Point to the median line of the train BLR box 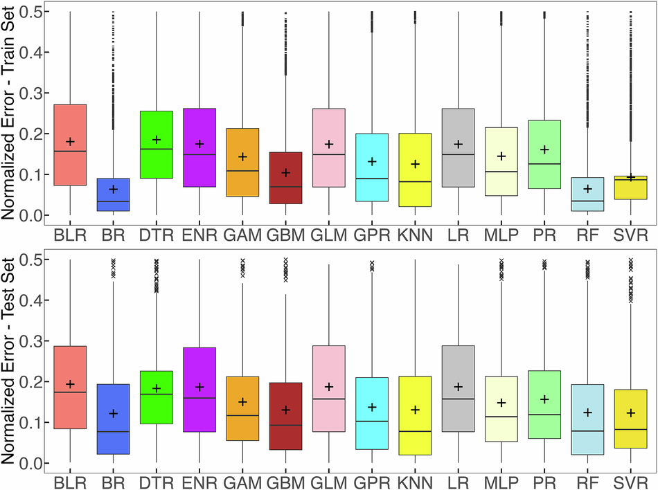tap(70, 151)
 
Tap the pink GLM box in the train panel tap(329, 147)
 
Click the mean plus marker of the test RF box tap(587, 412)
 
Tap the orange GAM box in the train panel tap(242, 162)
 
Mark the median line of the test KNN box tap(415, 431)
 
